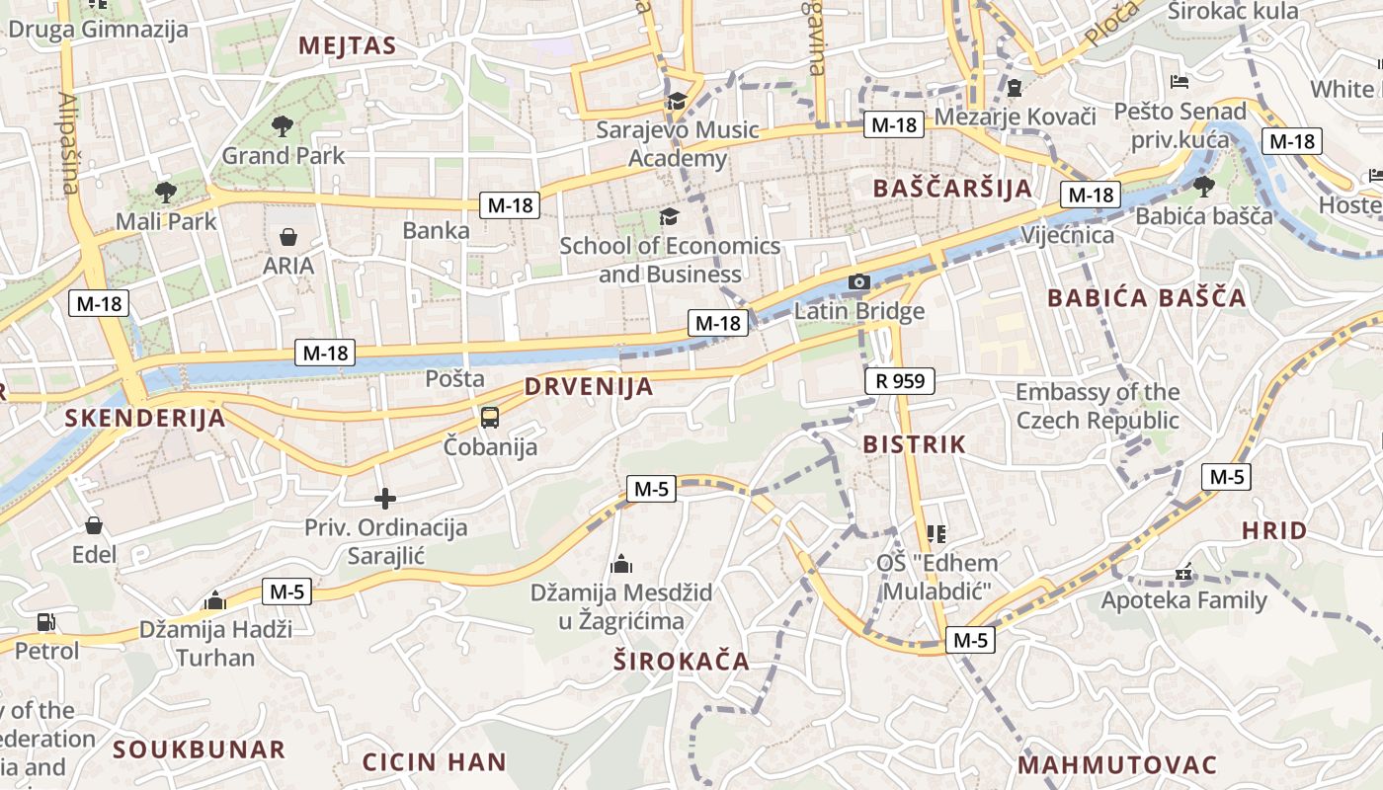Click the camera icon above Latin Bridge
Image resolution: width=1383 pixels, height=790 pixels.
coord(859,282)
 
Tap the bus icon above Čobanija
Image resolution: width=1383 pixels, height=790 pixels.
coord(490,417)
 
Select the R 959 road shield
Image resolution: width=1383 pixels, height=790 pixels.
coord(899,380)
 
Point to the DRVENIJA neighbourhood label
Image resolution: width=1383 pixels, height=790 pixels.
coord(589,386)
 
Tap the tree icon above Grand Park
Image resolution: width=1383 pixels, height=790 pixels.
coord(283,125)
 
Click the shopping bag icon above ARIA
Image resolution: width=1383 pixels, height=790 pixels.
coord(288,237)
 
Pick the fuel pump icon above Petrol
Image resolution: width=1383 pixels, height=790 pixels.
coord(45,622)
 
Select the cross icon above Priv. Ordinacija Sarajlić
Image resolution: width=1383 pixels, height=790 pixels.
coord(385,499)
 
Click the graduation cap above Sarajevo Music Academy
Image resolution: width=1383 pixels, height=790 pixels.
coord(678,101)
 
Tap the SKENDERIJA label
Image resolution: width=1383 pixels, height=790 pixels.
coord(145,418)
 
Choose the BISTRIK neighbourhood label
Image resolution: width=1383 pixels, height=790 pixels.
coord(914,444)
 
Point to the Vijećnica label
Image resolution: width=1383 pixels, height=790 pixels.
coord(1068,235)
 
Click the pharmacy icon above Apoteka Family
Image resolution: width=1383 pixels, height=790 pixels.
coord(1183,573)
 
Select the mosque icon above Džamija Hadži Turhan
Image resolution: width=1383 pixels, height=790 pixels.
coord(215,600)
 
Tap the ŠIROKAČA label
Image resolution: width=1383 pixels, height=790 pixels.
coord(682,662)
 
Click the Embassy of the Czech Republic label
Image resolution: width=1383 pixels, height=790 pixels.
coord(1098,406)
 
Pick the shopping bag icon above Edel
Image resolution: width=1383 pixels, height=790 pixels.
coord(94,525)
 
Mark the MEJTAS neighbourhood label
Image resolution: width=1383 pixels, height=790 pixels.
coord(347,45)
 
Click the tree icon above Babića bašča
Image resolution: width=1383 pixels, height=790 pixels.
coord(1203,186)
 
